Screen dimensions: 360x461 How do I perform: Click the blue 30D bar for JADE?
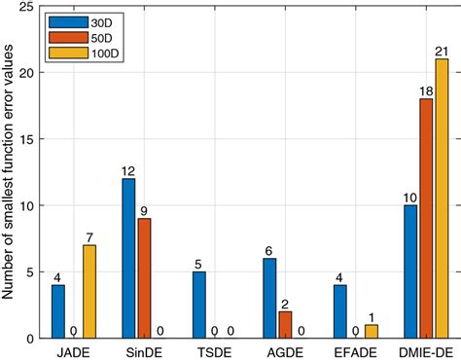pyautogui.click(x=58, y=311)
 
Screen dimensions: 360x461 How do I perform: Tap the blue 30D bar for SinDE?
pyautogui.click(x=127, y=259)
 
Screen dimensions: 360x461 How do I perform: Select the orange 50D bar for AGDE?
pyautogui.click(x=284, y=325)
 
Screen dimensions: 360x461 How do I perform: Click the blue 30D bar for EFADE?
pyautogui.click(x=337, y=311)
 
